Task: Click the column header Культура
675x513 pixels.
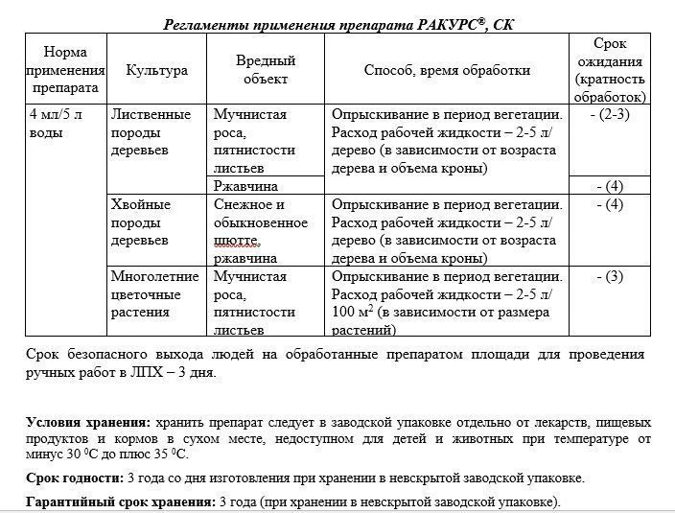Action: click(156, 70)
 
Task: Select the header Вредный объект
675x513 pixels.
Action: click(266, 69)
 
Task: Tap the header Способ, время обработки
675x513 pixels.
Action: click(447, 70)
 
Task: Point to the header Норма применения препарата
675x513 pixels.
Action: click(64, 70)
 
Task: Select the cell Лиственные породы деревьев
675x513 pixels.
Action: click(151, 133)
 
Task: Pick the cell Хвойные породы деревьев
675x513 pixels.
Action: click(141, 222)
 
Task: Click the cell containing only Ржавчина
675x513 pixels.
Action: click(245, 186)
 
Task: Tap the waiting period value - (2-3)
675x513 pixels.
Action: click(610, 115)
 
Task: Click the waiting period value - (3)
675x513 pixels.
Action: click(610, 277)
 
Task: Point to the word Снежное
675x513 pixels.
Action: click(243, 204)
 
